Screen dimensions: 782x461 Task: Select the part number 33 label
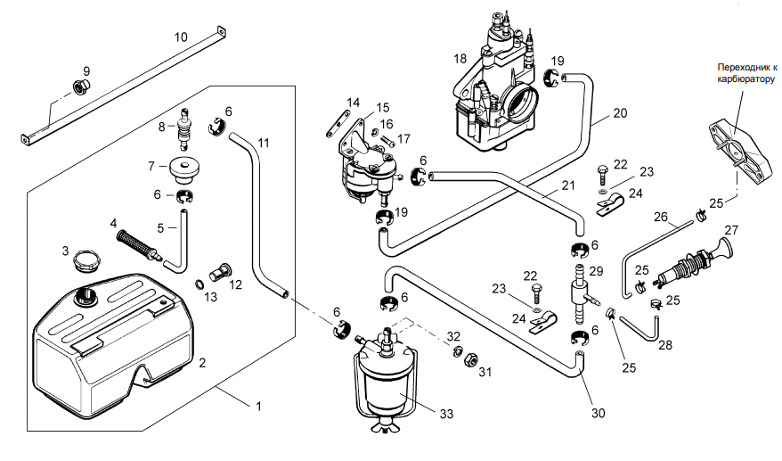[446, 414]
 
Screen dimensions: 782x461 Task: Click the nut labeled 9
[80, 86]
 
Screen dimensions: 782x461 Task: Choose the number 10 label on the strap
[181, 37]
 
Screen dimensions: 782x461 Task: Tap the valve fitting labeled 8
[185, 128]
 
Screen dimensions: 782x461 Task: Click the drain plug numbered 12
[220, 271]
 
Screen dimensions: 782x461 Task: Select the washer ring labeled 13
[199, 284]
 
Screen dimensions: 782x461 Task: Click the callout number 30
[598, 413]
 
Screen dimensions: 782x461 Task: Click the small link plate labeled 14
[337, 123]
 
